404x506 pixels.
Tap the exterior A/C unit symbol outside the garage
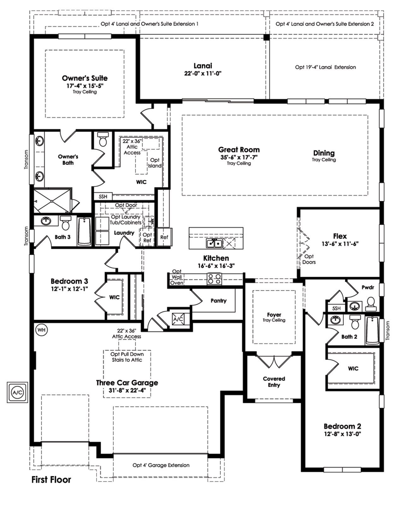pos(17,392)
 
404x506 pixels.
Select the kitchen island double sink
pos(214,244)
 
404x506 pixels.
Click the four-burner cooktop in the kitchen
pos(214,278)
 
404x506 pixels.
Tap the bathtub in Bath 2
pos(372,330)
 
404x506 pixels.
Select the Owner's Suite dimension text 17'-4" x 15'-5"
pos(85,86)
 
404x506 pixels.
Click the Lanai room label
pos(203,66)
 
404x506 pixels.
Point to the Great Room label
pos(239,150)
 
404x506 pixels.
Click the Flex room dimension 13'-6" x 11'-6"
pos(340,244)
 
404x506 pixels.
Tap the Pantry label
pos(218,300)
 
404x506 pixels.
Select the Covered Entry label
pos(274,382)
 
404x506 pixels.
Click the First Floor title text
pos(51,480)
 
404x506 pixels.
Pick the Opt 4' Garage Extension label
pos(161,465)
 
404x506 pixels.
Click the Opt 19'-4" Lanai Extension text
pos(325,67)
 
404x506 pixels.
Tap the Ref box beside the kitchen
pos(164,237)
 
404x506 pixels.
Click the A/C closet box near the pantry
pos(178,319)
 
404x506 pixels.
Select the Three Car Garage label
pos(127,383)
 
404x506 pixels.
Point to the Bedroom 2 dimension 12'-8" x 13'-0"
pos(342,434)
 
